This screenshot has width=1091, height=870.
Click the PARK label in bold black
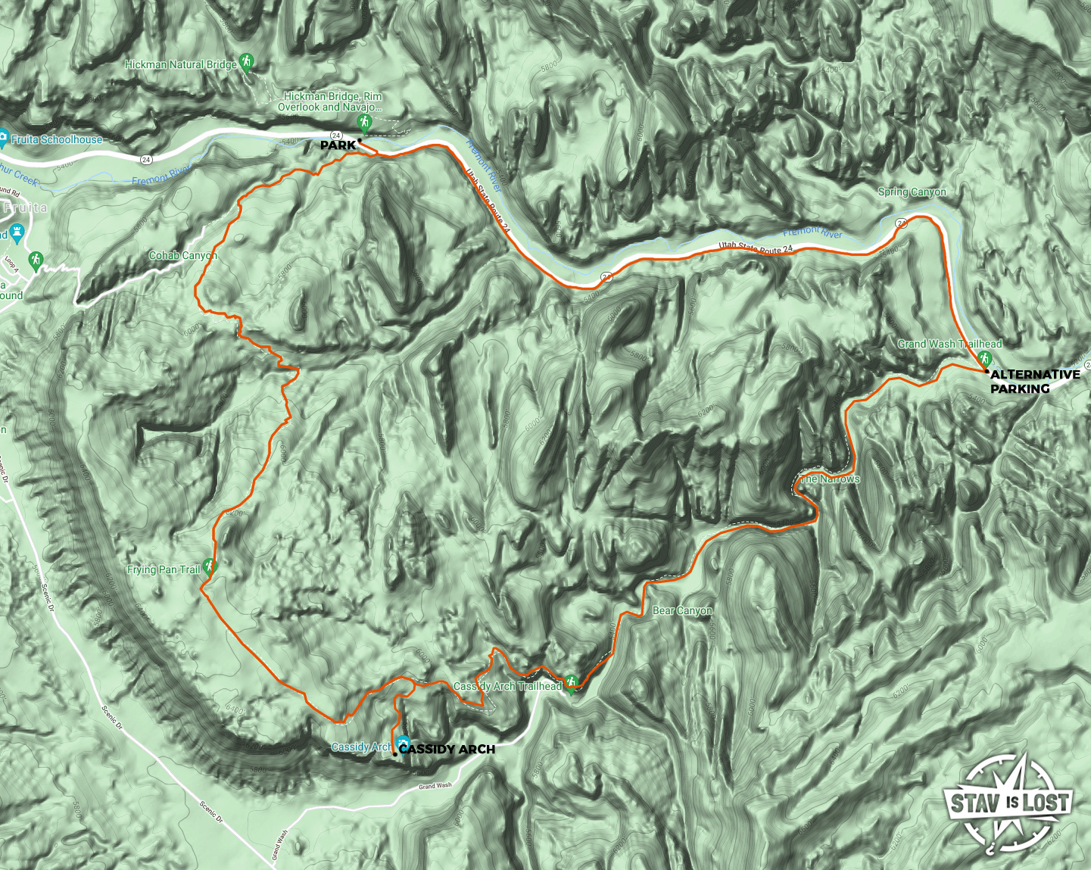pos(338,145)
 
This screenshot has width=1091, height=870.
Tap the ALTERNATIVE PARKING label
pos(1034,382)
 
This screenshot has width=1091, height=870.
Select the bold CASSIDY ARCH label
pos(447,750)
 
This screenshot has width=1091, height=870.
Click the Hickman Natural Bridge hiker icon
pos(246,62)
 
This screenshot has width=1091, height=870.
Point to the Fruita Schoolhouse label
pos(56,139)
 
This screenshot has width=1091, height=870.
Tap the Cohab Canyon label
pos(182,256)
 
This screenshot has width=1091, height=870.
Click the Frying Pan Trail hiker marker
pos(210,566)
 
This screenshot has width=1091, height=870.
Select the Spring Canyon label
pos(912,192)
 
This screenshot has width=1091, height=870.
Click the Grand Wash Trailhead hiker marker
pos(984,357)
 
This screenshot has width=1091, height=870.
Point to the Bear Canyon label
pos(682,610)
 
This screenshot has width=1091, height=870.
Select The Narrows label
pos(831,479)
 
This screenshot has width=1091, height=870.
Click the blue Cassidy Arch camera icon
pos(403,744)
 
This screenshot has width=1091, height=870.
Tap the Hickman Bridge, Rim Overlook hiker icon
pos(365,123)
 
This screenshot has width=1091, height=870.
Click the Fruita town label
pos(26,207)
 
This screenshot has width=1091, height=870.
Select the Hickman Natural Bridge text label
pos(181,65)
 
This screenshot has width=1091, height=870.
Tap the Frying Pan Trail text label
pos(164,569)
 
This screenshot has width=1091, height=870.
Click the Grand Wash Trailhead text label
pos(949,344)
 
